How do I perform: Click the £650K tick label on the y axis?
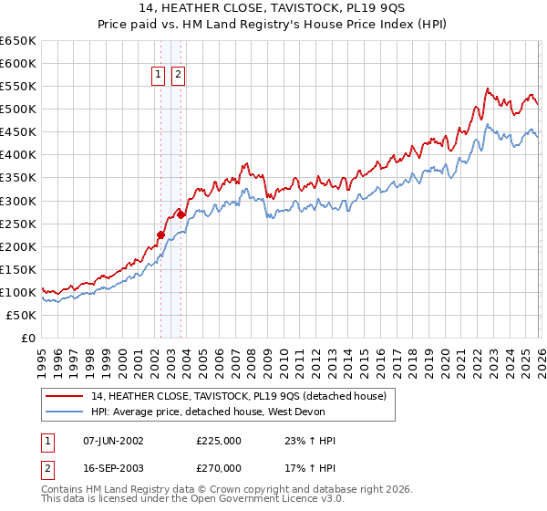pos(18,41)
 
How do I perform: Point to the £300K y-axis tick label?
pos(18,201)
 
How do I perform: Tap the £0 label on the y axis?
pos(28,338)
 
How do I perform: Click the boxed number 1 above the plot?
pos(159,75)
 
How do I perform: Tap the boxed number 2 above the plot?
pos(178,75)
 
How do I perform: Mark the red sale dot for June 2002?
pos(160,235)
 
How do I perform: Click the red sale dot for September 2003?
pos(181,214)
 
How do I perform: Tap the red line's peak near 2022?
pos(488,89)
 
